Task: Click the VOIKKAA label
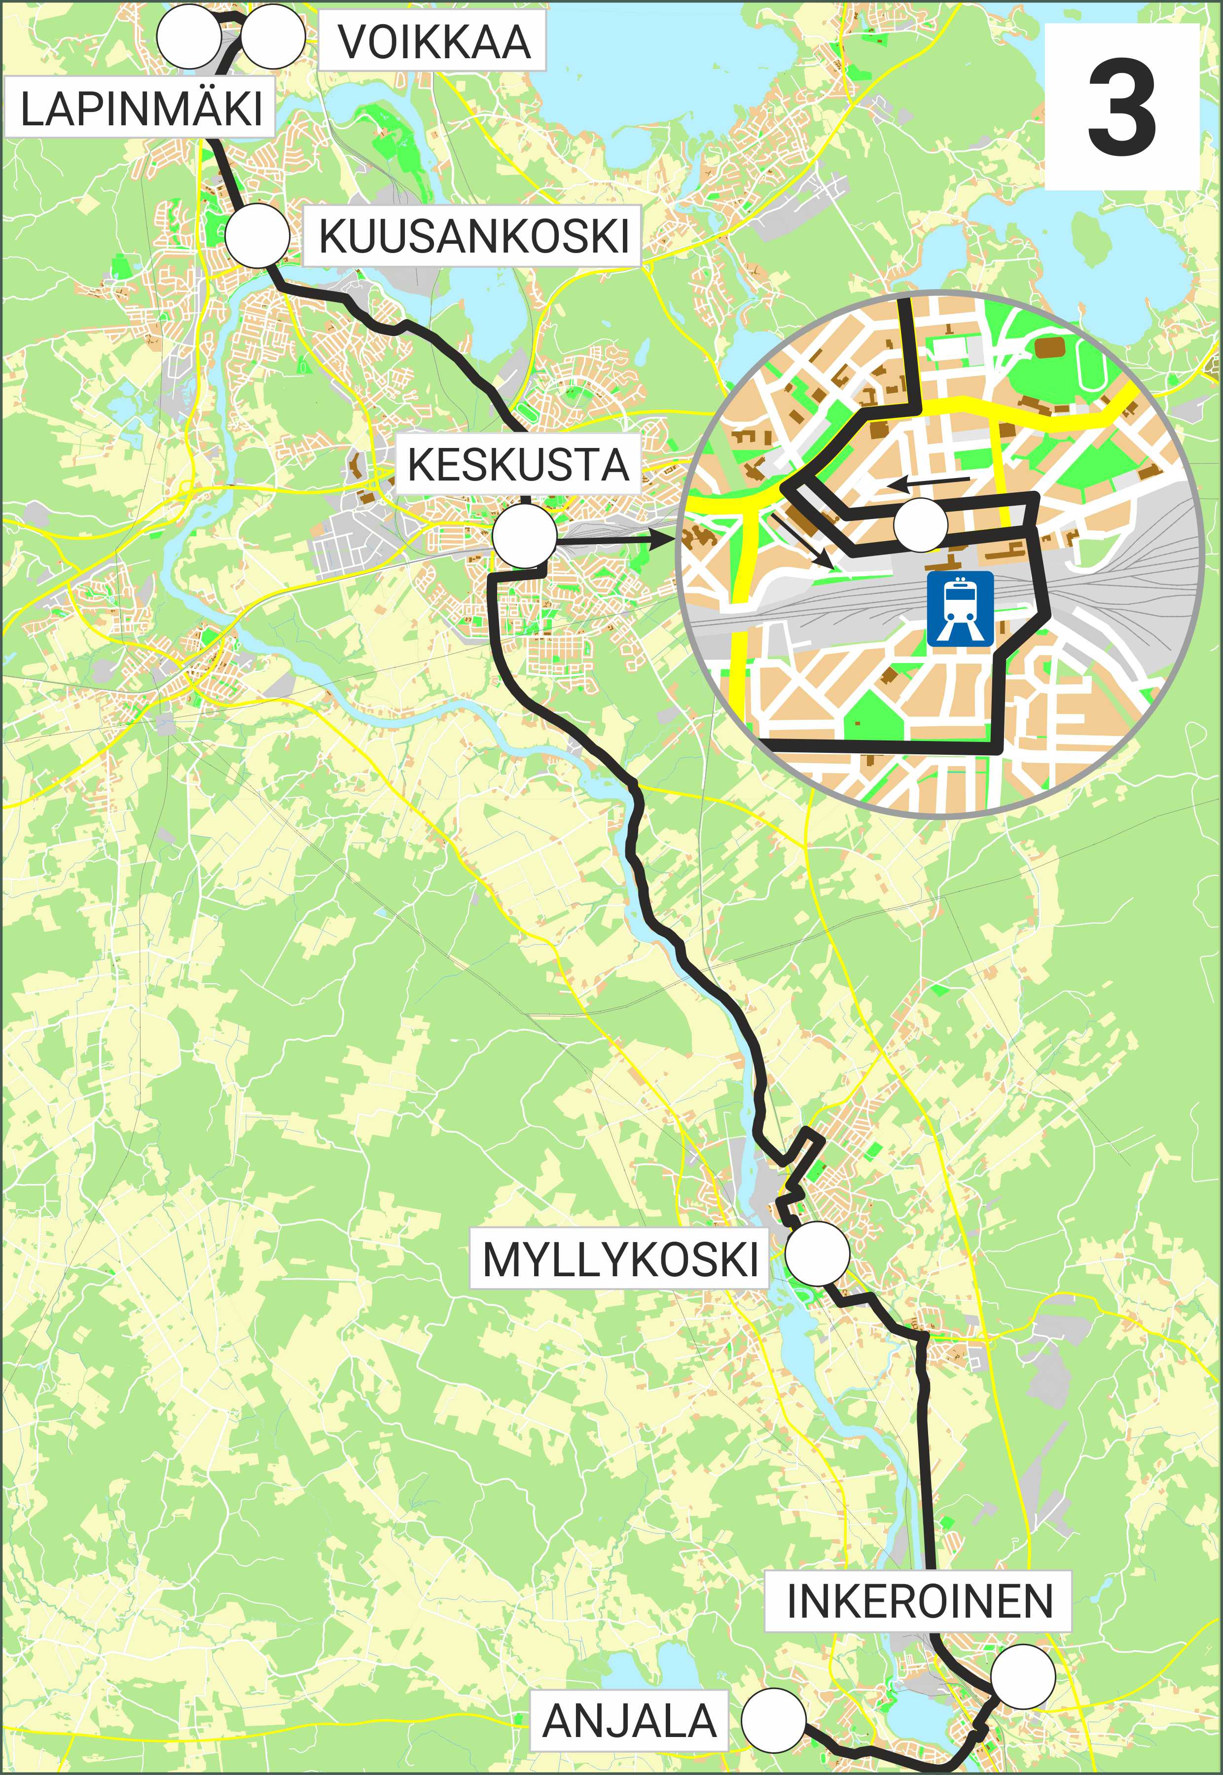433,41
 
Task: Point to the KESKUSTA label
518,464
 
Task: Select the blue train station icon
960,608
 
